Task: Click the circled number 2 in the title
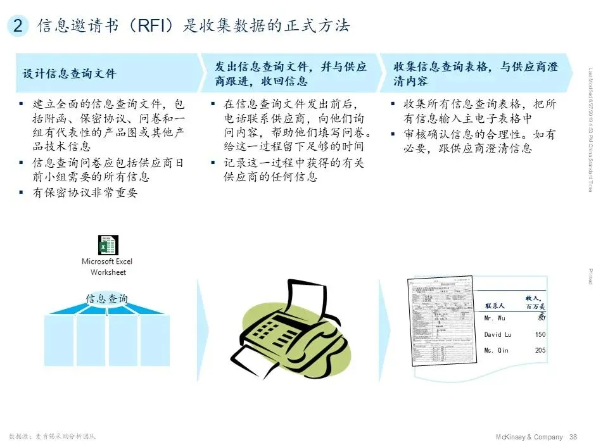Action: click(18, 26)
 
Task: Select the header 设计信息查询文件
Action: click(70, 73)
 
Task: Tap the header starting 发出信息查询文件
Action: click(291, 73)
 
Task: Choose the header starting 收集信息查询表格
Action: click(475, 73)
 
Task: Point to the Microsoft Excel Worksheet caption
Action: click(107, 267)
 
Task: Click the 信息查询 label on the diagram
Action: click(107, 299)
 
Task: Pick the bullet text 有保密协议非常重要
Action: click(85, 193)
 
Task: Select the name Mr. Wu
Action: click(495, 318)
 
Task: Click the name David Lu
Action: click(497, 334)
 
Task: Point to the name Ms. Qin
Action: click(496, 351)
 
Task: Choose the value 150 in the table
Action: click(540, 334)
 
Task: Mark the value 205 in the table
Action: click(540, 351)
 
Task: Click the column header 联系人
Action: click(495, 306)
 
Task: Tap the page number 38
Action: click(574, 437)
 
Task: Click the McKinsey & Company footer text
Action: click(528, 437)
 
